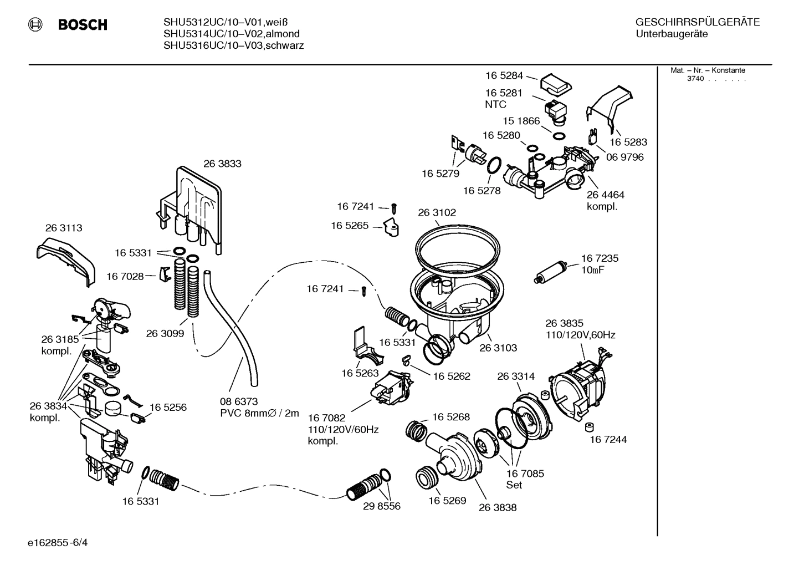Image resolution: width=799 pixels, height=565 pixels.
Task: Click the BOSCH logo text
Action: [83, 25]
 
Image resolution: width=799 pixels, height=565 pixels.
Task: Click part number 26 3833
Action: [222, 164]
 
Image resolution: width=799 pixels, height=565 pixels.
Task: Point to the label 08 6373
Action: [239, 401]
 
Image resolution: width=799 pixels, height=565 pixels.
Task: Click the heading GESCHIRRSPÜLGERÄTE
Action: [697, 23]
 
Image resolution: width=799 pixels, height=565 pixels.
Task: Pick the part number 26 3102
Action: [437, 212]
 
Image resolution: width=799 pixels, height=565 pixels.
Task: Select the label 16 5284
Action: [504, 75]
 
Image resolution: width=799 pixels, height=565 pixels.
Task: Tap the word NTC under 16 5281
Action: [495, 104]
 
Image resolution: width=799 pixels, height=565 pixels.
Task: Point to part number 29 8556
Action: [382, 506]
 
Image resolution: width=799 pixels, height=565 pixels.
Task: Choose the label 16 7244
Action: [608, 440]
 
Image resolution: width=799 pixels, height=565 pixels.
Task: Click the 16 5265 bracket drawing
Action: [392, 226]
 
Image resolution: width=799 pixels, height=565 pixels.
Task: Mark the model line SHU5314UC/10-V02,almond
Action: [232, 34]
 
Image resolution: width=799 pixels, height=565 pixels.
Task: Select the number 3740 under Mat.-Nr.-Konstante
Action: [695, 79]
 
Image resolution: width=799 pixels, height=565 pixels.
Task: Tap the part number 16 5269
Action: [447, 500]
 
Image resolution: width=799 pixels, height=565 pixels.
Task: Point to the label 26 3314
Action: [516, 376]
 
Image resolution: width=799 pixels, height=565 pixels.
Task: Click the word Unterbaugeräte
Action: [672, 34]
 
